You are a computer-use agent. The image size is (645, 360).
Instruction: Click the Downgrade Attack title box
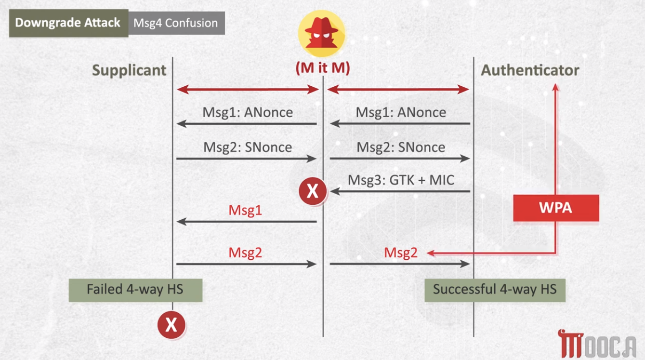(68, 23)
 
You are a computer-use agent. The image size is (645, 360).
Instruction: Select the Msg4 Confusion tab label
(176, 23)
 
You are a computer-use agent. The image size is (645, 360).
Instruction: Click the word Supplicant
(129, 70)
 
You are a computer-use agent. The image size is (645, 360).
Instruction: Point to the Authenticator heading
(530, 70)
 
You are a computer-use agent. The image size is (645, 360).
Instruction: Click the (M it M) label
(323, 68)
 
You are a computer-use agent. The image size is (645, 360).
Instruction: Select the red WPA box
(556, 208)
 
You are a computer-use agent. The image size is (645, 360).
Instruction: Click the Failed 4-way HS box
(135, 290)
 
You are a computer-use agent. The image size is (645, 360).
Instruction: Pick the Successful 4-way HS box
(495, 290)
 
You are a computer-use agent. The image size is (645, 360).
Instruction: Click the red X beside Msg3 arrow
(313, 191)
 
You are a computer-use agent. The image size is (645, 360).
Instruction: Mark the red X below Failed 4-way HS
(171, 325)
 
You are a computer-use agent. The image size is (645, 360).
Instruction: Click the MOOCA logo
(597, 344)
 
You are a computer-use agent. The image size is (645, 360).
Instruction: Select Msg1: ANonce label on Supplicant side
(248, 112)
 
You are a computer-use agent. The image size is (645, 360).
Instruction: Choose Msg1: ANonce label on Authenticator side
(401, 112)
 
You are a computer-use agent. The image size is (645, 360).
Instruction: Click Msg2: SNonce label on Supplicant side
(248, 147)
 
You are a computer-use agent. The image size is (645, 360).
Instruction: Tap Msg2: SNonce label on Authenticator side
(401, 147)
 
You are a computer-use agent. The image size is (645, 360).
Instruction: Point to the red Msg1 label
(245, 210)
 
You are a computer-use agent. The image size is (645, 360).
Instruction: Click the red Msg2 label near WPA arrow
(401, 253)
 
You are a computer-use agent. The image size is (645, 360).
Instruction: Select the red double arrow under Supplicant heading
(248, 89)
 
